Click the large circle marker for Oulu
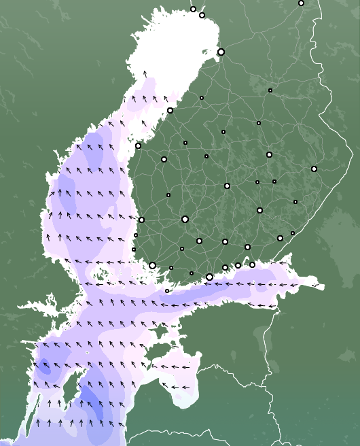tap(221, 52)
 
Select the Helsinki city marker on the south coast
tap(209, 277)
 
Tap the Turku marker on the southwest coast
tap(152, 265)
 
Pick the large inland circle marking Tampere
tap(185, 219)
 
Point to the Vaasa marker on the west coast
tap(138, 145)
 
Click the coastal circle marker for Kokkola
tap(170, 110)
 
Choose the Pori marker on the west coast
tap(141, 220)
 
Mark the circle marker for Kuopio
tap(269, 154)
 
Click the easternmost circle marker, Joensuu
tap(314, 169)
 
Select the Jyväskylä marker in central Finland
tap(227, 186)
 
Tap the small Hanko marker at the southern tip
tap(167, 291)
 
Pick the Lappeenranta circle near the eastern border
tap(280, 238)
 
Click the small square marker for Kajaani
tap(270, 90)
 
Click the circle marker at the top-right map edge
tap(301, 3)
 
